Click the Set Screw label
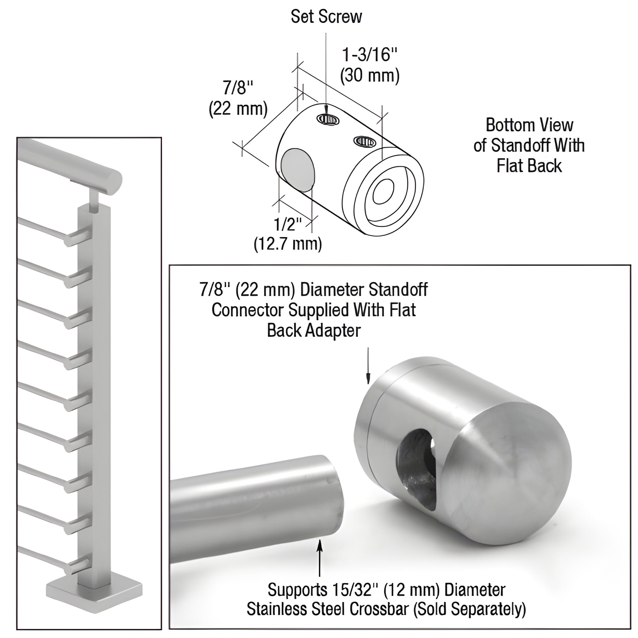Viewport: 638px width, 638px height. coord(326,17)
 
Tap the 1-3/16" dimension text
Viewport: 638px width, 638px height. coord(370,54)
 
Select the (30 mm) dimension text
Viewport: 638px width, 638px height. coord(370,75)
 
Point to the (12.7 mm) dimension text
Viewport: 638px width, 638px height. coord(288,244)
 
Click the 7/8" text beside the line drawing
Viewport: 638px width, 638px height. coord(238,88)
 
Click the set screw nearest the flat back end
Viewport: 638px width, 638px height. coord(365,142)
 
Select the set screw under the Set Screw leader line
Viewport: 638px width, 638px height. coord(328,119)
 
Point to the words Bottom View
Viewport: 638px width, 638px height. coord(529,125)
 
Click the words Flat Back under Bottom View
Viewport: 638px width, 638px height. coord(529,166)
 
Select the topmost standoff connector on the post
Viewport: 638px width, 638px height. coord(79,237)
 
